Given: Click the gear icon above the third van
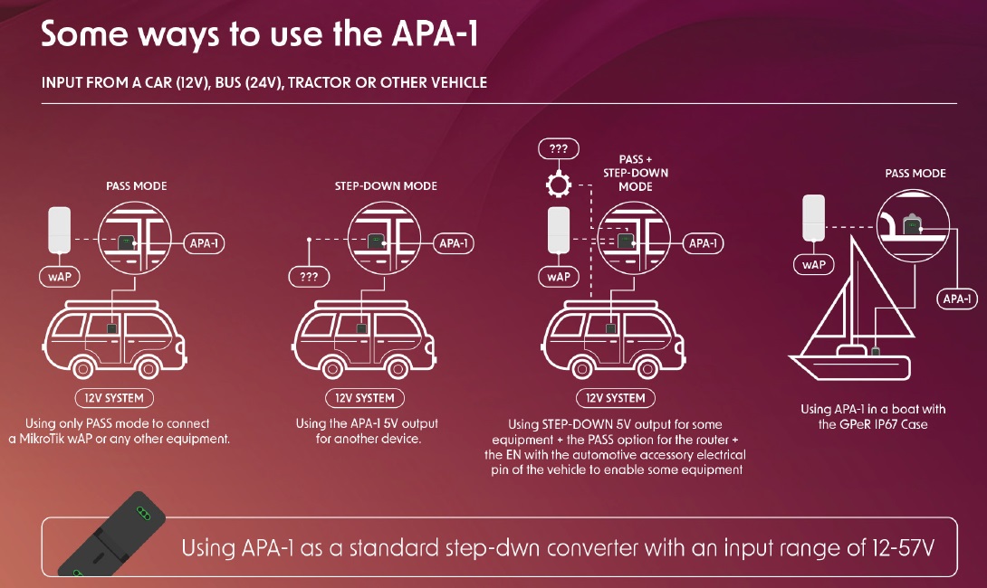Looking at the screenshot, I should pyautogui.click(x=559, y=186).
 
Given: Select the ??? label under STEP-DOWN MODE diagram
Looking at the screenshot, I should pyautogui.click(x=310, y=277).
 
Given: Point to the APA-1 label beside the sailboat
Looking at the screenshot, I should pyautogui.click(x=957, y=299).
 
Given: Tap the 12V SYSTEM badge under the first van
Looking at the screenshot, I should pyautogui.click(x=114, y=398).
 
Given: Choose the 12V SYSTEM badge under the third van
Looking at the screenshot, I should pyautogui.click(x=615, y=398).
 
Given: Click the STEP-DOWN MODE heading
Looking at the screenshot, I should pyautogui.click(x=386, y=185).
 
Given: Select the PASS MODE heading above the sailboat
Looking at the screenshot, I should pyautogui.click(x=915, y=173).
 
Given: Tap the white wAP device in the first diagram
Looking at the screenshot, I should pyautogui.click(x=60, y=230).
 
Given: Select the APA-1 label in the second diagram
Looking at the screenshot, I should pyautogui.click(x=455, y=243).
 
